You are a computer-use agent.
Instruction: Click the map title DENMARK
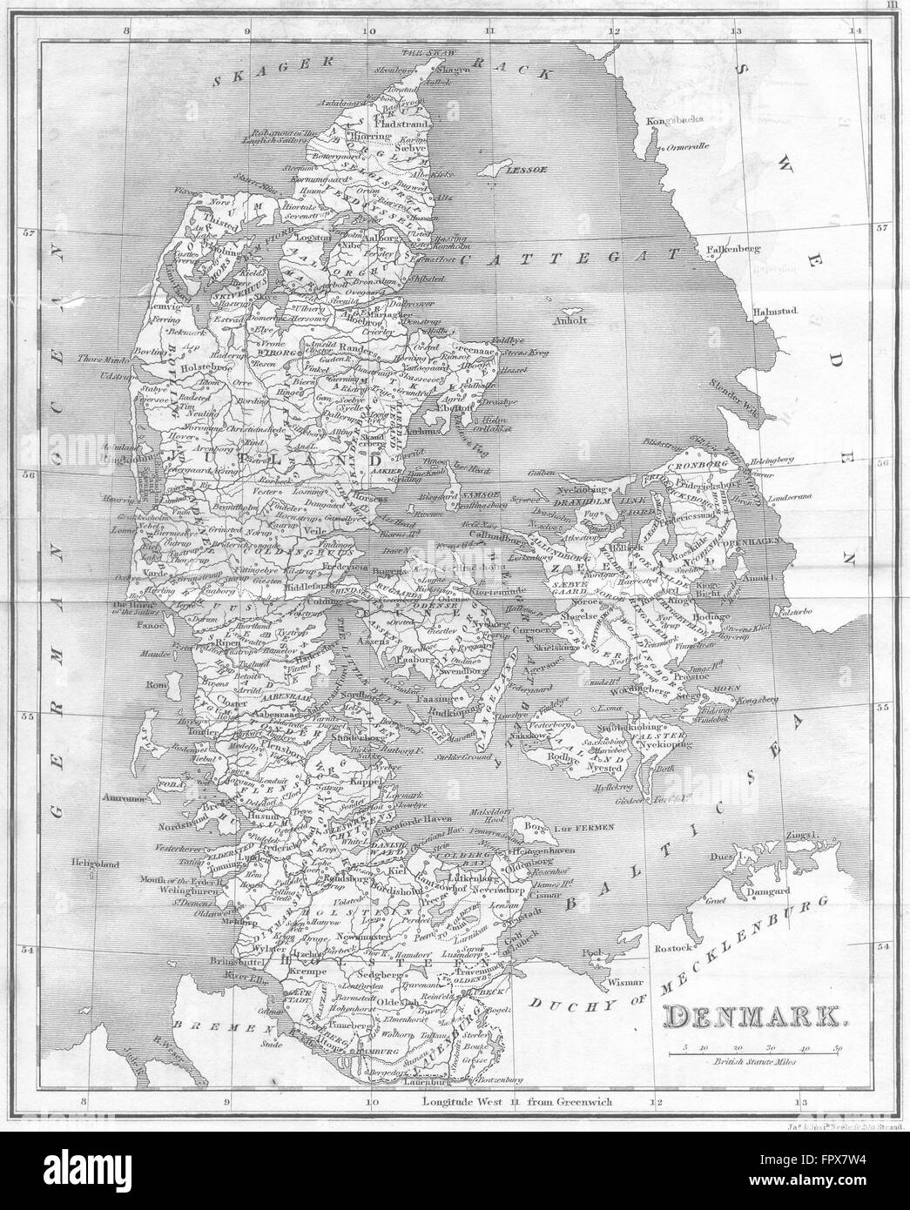(x=753, y=1015)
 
